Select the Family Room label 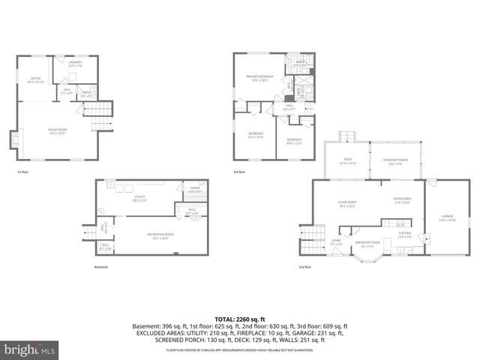click(x=58, y=130)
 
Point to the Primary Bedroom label click(x=259, y=78)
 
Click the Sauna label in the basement click(x=194, y=190)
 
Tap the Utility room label click(x=139, y=199)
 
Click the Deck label click(x=346, y=162)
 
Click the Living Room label click(x=346, y=203)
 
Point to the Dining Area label click(x=402, y=200)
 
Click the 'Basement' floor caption click(x=101, y=267)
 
